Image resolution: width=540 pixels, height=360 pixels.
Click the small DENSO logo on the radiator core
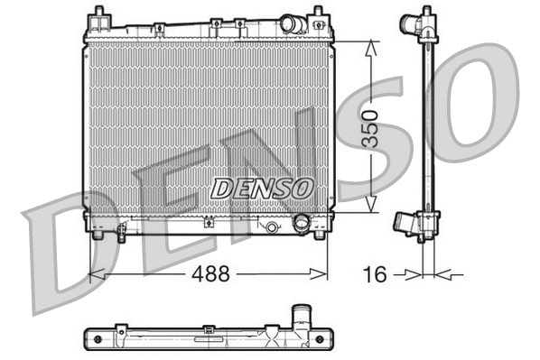(x=262, y=188)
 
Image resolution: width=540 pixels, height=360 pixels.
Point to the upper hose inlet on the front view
(x=292, y=23)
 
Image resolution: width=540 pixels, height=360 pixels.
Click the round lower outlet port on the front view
(x=302, y=223)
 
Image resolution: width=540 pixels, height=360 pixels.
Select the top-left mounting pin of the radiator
(x=96, y=15)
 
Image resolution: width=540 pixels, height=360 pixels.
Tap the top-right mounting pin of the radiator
(x=318, y=15)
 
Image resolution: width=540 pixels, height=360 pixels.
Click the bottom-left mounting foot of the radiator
(x=97, y=235)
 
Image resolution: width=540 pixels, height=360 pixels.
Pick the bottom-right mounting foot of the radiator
(x=318, y=235)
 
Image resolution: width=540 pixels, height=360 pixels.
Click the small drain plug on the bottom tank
(x=270, y=227)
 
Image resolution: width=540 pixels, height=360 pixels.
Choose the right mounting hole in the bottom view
(x=318, y=339)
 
